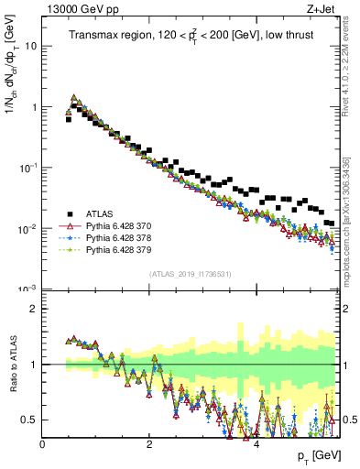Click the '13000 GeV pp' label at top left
pyautogui.click(x=76, y=10)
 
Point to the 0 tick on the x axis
pyautogui.click(x=43, y=444)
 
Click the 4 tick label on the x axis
pyautogui.click(x=256, y=444)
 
